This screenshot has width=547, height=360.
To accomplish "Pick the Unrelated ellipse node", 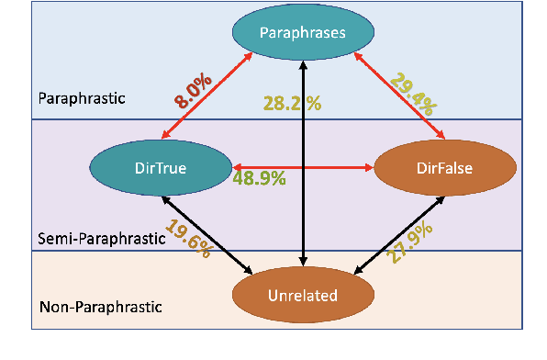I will pyautogui.click(x=302, y=295).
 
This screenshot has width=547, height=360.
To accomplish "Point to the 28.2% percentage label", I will pyautogui.click(x=292, y=103).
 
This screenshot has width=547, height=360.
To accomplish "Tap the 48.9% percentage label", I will pyautogui.click(x=258, y=177).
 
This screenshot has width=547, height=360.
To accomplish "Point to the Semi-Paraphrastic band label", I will pyautogui.click(x=95, y=237).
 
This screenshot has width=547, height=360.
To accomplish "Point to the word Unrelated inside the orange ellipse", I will pyautogui.click(x=302, y=295).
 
